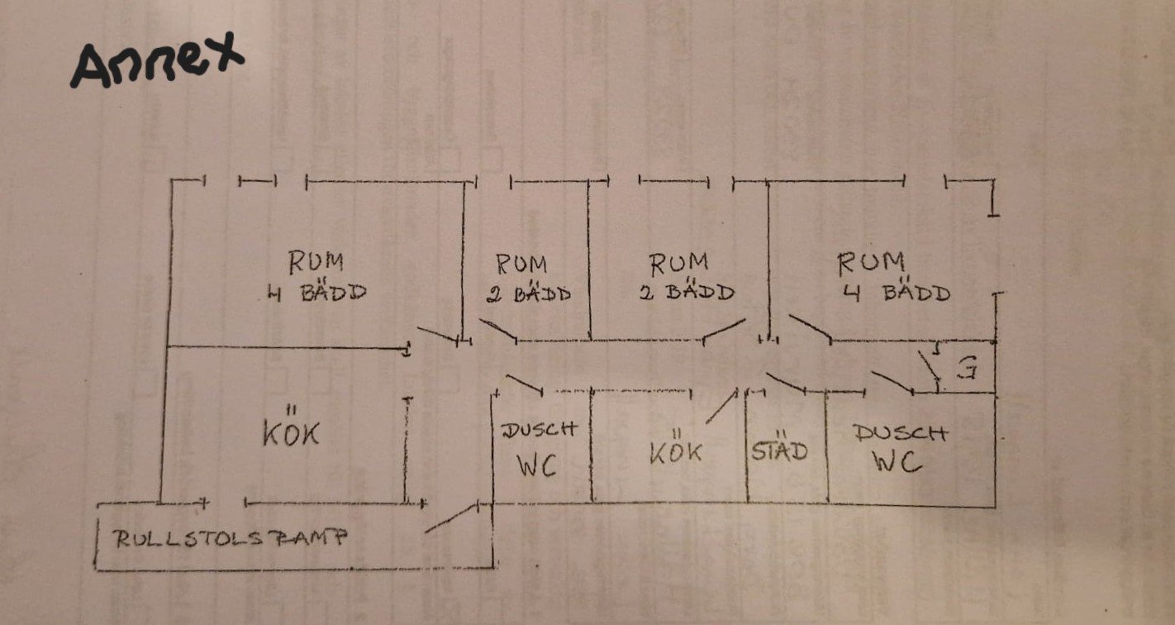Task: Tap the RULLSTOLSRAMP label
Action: pyautogui.click(x=231, y=538)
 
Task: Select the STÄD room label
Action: pyautogui.click(x=779, y=451)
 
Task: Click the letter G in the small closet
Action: pyautogui.click(x=965, y=370)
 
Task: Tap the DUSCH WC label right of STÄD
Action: pyautogui.click(x=900, y=447)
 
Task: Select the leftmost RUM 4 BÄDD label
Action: pyautogui.click(x=316, y=277)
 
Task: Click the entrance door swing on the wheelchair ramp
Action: pyautogui.click(x=453, y=518)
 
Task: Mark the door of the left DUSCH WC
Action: pyautogui.click(x=524, y=384)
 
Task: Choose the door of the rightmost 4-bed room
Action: pyautogui.click(x=810, y=327)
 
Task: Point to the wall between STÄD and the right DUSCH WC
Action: pyautogui.click(x=827, y=446)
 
